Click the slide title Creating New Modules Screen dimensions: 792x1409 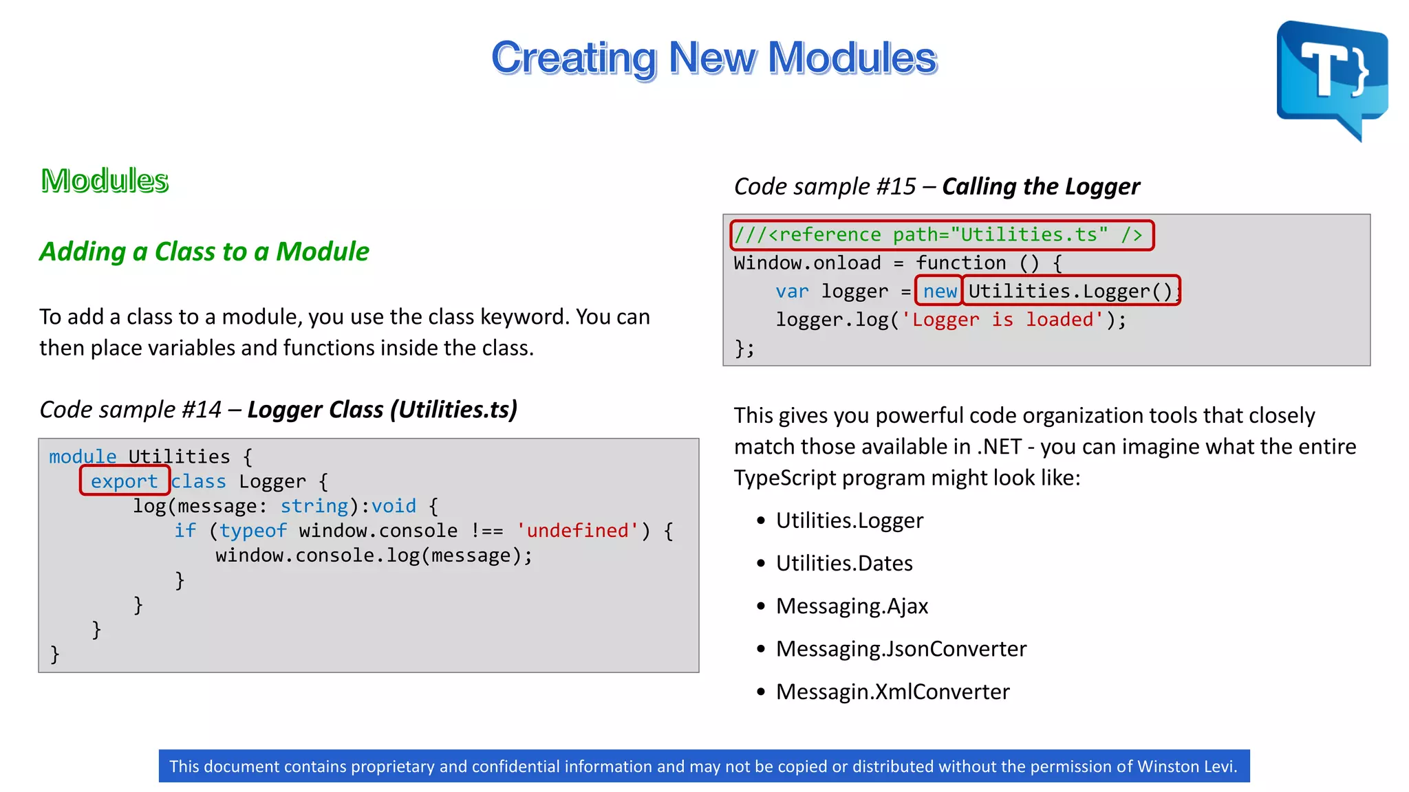pos(713,58)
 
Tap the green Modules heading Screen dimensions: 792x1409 pos(105,181)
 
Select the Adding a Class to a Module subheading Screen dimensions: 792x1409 pos(204,252)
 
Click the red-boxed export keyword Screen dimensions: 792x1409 pos(125,481)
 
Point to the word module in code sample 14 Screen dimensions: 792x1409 pos(83,456)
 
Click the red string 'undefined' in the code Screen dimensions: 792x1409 pos(577,531)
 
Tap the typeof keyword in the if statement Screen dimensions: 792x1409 pos(252,531)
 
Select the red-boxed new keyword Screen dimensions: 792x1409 pos(939,291)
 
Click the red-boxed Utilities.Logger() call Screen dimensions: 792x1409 pos(1070,291)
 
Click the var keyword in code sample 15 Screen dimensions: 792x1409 pos(792,291)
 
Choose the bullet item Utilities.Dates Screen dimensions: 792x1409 pos(844,564)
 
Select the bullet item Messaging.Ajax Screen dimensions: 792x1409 pos(852,606)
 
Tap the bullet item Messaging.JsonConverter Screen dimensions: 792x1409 pos(901,649)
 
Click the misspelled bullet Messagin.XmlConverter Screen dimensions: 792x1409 pos(892,692)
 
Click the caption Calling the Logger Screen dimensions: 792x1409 pos(1040,186)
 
